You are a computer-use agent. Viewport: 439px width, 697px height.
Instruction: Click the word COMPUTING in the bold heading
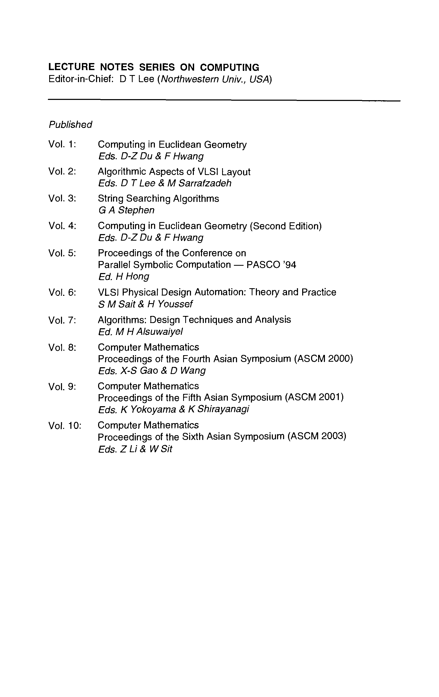pos(229,67)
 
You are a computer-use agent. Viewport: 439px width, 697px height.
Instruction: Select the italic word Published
pos(70,125)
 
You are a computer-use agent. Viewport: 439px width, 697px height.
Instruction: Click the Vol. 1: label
pos(62,144)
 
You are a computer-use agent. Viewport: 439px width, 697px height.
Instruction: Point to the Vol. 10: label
pos(65,425)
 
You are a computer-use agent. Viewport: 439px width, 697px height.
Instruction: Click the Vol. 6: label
pos(62,292)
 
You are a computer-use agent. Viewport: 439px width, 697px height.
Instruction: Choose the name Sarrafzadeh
pos(205,183)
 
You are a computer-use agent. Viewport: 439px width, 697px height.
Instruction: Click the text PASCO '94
pos(271,265)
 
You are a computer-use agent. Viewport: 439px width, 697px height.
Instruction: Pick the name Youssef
pos(175,304)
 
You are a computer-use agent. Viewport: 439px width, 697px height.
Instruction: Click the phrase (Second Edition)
pos(285,226)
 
